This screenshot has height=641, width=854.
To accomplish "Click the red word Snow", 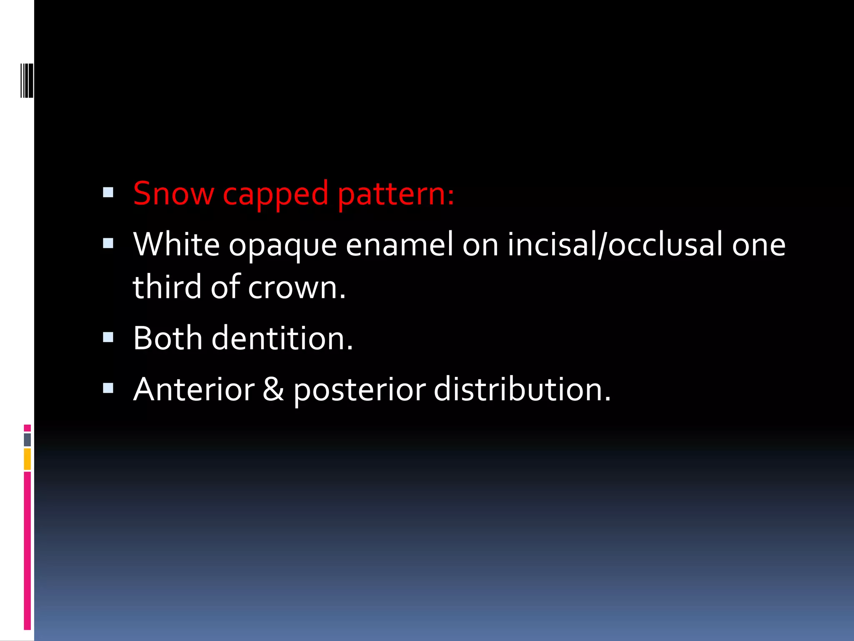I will pos(173,194).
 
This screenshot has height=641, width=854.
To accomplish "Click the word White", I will pos(176,245).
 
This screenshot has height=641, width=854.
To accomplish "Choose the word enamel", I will pos(399,245).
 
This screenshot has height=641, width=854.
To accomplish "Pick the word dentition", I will pos(282,338).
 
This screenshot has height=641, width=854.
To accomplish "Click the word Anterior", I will pos(194,389).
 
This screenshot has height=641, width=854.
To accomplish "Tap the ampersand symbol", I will pos(273,389).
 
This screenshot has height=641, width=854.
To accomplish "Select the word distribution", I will pos(522,389).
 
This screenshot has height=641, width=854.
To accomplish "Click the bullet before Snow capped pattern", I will pos(108,192).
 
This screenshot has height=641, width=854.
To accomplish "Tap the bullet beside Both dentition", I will pos(108,337).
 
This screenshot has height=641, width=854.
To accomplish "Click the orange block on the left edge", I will pos(27,459).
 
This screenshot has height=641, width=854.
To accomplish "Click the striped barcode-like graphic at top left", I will pos(27,81).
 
